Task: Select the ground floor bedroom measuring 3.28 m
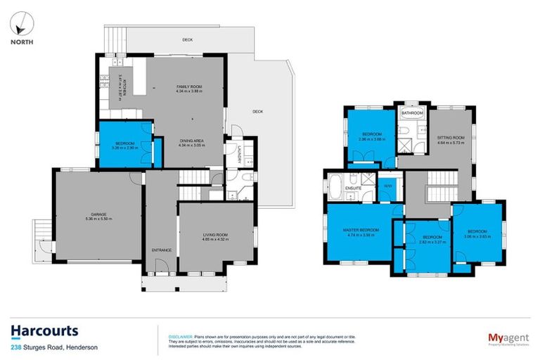coord(125,146)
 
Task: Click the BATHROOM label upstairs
coord(412,113)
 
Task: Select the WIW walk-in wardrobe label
coord(387,186)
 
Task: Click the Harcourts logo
coord(44,331)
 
